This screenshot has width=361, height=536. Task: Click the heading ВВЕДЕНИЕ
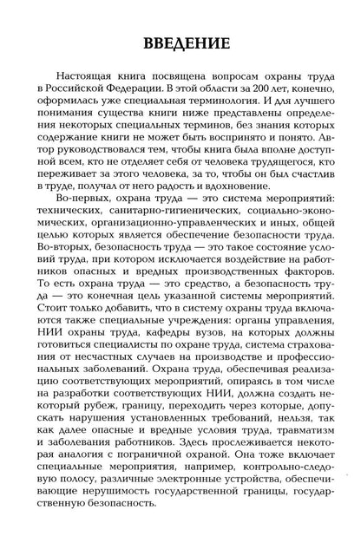[x=180, y=44]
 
